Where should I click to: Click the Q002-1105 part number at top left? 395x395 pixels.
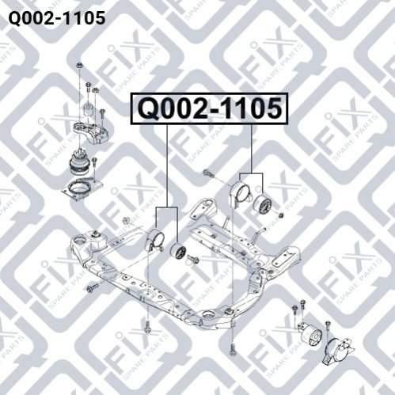[57, 18]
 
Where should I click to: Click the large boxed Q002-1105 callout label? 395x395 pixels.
[210, 108]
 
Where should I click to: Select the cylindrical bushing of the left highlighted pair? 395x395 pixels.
[177, 252]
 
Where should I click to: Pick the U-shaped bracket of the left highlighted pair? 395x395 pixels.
[154, 239]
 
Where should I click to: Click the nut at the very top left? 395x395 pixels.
[78, 65]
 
